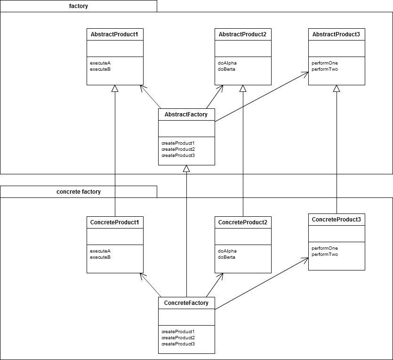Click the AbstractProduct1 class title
pos(114,34)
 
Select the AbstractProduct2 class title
pos(242,34)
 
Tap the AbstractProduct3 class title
pos(336,34)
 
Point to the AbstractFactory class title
pos(186,115)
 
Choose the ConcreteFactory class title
pos(186,303)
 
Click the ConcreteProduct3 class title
pos(337,220)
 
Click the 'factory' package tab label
pos(79,6)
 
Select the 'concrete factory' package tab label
pos(79,192)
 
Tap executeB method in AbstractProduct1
pos(100,69)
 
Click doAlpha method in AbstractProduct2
pos(227,63)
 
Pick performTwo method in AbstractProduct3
pos(325,69)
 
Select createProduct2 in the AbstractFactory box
pos(178,149)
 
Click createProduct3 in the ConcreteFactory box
pos(178,344)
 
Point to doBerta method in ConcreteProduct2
pos(226,257)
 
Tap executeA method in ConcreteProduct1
pos(100,251)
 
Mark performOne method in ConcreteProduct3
pos(325,248)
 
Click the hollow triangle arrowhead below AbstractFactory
pos(186,169)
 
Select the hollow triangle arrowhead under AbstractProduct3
pos(337,89)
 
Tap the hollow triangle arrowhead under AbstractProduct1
pos(115,89)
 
